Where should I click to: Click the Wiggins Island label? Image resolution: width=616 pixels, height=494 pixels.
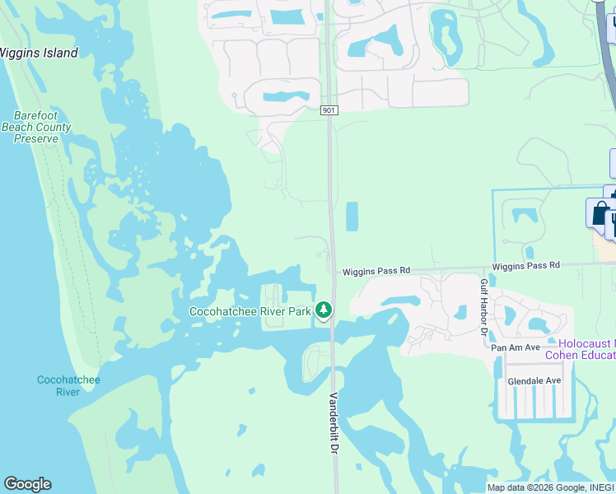tap(38, 54)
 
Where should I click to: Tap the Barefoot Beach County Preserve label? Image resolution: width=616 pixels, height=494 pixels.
tap(36, 128)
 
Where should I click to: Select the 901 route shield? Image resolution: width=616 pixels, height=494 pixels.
tap(328, 110)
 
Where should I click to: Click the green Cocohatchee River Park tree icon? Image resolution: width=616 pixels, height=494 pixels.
tap(324, 310)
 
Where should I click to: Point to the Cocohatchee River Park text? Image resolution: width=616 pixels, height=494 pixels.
tap(250, 311)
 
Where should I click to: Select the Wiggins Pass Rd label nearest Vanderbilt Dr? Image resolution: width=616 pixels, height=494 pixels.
tap(376, 271)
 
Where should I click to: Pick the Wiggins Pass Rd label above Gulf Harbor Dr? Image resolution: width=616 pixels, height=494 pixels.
tap(525, 266)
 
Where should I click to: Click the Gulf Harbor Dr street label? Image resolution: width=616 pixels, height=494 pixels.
tap(484, 306)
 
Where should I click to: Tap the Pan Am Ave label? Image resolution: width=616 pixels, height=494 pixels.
tap(515, 348)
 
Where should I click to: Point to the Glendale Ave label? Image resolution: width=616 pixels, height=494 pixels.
tap(534, 381)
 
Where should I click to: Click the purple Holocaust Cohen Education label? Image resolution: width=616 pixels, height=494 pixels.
tap(586, 349)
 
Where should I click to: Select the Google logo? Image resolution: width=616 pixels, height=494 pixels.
tap(27, 484)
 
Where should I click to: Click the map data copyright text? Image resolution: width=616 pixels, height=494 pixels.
tap(550, 487)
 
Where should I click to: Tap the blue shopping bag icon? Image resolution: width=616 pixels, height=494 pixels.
tap(600, 212)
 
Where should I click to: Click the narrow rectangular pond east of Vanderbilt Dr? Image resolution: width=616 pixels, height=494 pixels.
tap(352, 217)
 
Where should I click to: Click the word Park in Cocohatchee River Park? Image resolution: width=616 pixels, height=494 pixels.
tap(300, 311)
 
